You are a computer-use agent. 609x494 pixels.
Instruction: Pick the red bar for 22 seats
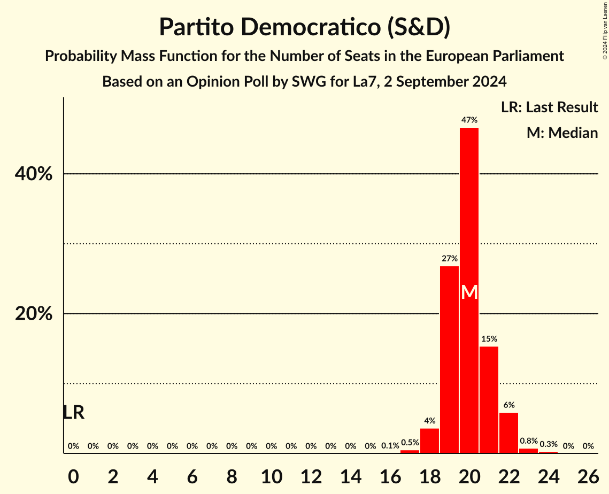coord(508,433)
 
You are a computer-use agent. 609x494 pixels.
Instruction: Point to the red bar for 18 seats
coord(429,441)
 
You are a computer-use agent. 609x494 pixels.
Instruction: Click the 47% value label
coord(469,120)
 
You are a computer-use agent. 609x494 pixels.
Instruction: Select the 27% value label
coord(450,259)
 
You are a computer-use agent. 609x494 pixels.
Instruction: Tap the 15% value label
coord(489,339)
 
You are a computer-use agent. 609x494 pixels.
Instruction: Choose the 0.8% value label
coord(528,441)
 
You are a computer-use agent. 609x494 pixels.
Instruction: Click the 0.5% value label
coord(410,443)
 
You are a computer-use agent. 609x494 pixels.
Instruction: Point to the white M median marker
coord(469,292)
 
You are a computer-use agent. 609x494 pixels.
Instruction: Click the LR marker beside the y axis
coord(73,413)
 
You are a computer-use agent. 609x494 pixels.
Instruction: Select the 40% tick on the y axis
coord(34,174)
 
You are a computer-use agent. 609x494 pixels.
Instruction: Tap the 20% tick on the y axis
coord(34,314)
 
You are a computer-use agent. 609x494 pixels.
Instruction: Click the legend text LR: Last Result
coord(549,107)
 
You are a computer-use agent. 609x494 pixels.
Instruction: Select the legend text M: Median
coord(562,133)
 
